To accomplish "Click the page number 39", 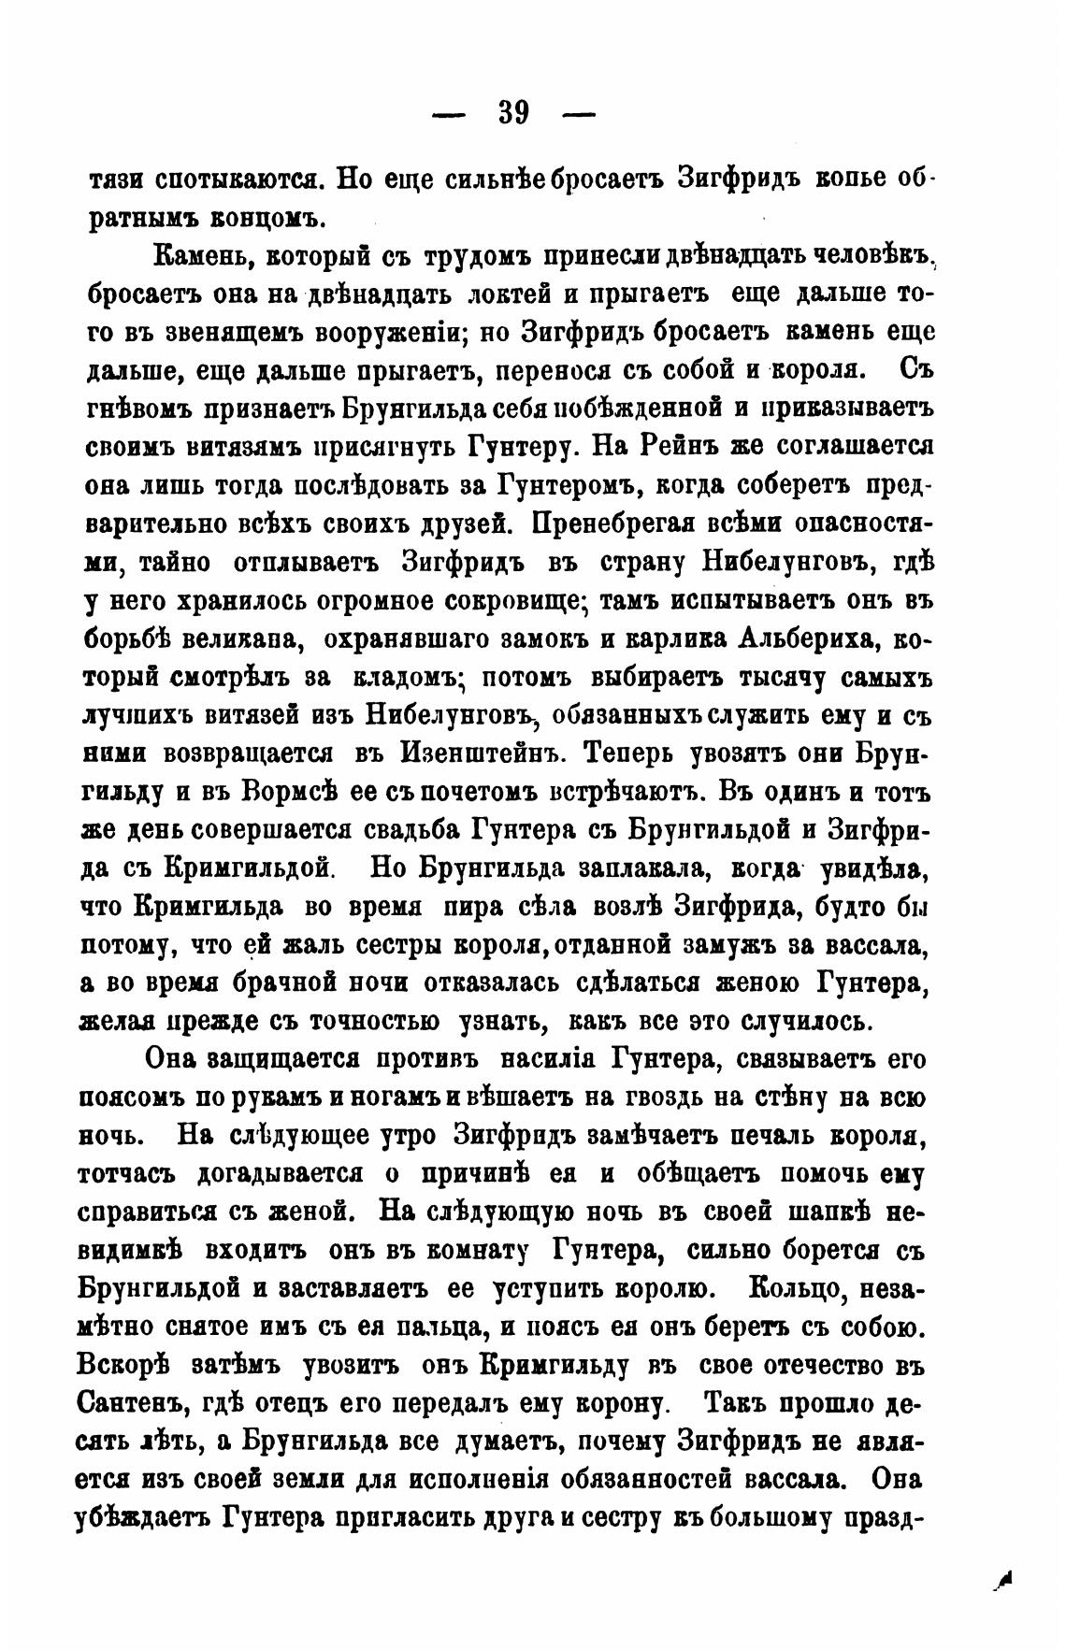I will (x=514, y=113).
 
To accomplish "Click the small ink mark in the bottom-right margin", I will (x=1004, y=1579).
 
